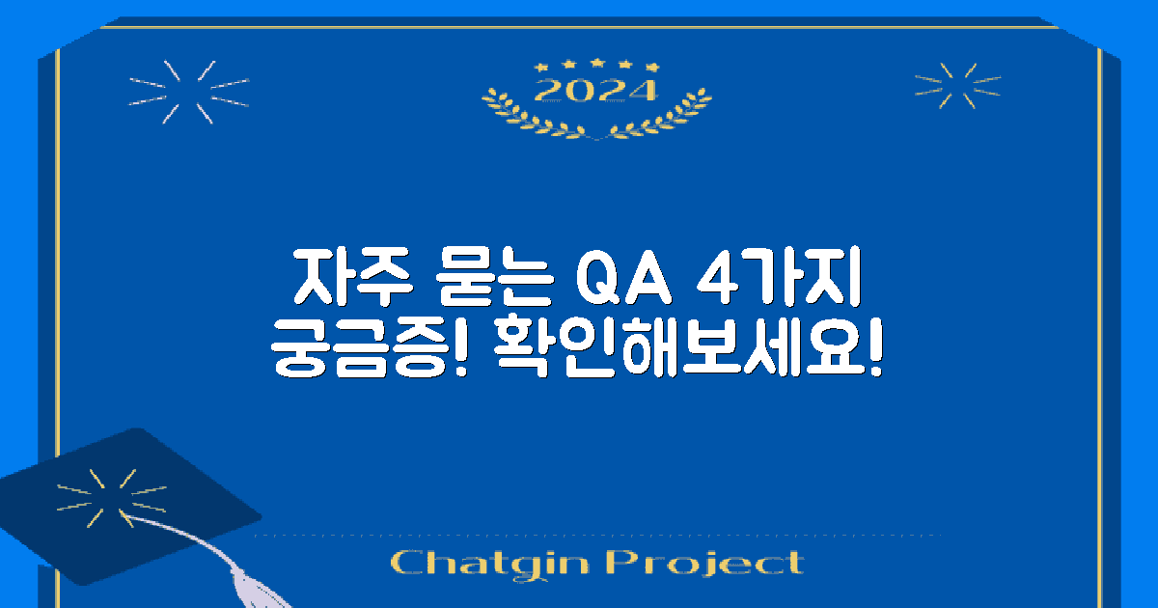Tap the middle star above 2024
[596, 64]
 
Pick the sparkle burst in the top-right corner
[945, 85]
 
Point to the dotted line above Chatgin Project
[598, 535]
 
